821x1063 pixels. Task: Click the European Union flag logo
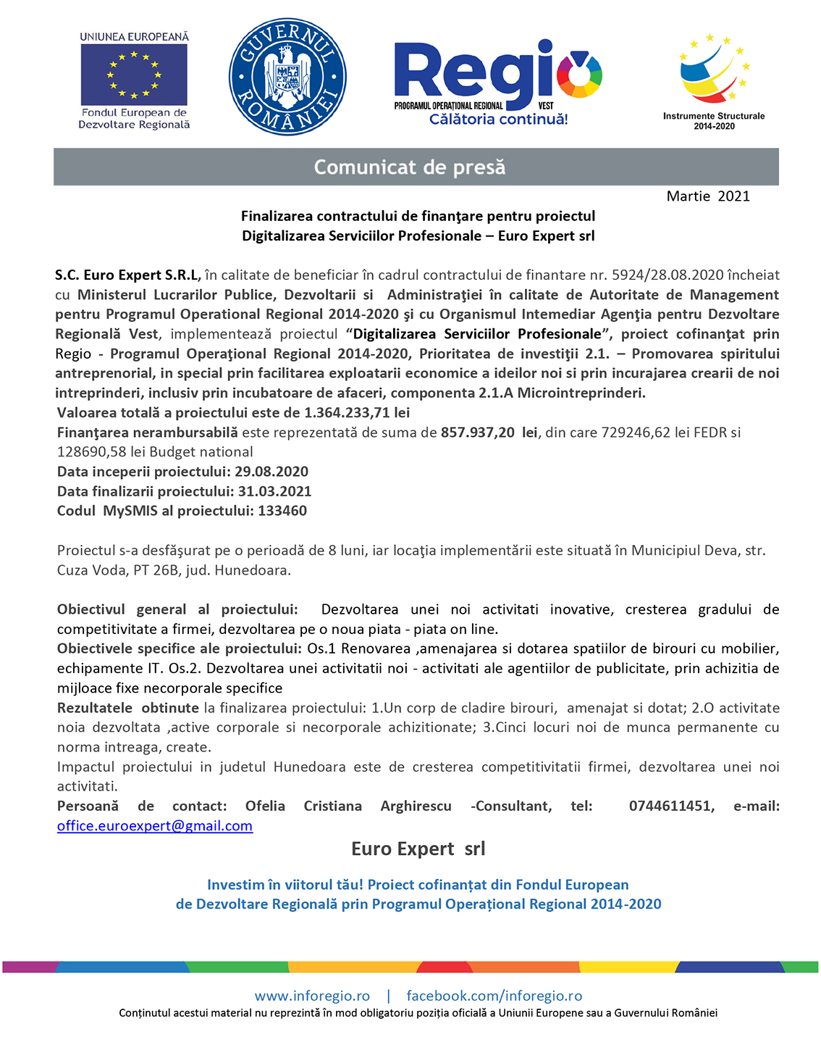point(134,75)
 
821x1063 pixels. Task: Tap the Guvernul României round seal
point(287,77)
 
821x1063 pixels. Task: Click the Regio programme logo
point(497,82)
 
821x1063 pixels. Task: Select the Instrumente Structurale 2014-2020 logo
point(714,80)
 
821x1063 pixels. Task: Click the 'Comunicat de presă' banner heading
point(410,167)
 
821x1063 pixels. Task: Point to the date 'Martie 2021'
point(708,196)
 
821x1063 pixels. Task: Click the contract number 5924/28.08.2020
point(668,275)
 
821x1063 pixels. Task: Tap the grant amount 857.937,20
point(478,433)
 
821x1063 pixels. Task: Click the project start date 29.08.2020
point(271,472)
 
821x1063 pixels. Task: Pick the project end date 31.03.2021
point(274,491)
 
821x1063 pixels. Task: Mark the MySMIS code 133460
point(282,511)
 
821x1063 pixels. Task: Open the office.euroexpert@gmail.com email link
point(155,826)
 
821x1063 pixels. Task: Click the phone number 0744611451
point(671,806)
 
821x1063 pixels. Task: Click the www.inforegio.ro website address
point(312,996)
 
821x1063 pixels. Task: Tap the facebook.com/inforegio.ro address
point(494,996)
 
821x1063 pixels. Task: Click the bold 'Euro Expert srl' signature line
point(418,849)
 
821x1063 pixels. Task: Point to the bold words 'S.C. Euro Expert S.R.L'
point(127,275)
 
